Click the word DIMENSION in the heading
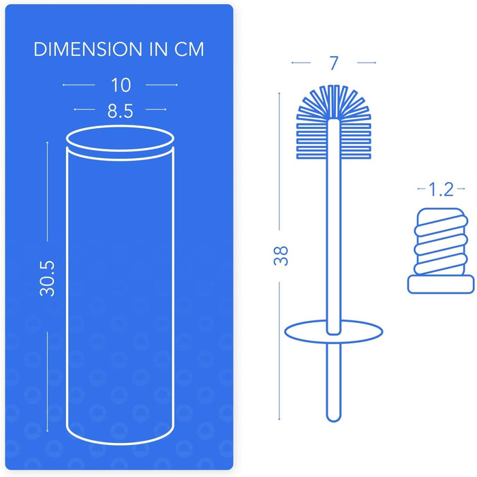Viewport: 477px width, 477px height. tap(88, 49)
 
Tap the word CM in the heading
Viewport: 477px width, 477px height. tap(189, 49)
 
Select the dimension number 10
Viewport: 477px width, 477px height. tap(121, 85)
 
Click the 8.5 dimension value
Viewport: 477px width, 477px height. tap(120, 111)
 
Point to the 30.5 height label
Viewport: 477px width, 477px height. tap(48, 278)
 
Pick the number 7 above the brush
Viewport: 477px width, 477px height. tap(334, 63)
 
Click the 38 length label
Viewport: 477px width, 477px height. tap(281, 256)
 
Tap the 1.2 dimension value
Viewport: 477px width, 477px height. tap(441, 189)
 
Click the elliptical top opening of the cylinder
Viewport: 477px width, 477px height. tap(120, 125)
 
